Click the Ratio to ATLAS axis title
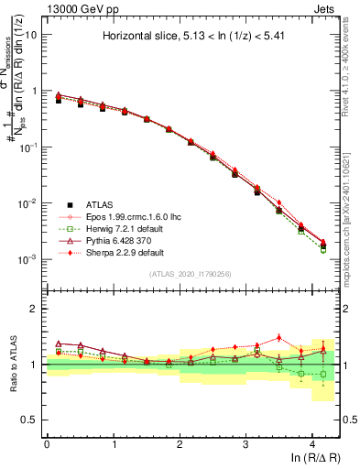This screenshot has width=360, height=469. [13, 365]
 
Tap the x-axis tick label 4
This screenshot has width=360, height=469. [312, 444]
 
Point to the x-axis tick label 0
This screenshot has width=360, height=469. [47, 444]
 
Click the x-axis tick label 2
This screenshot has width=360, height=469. [180, 444]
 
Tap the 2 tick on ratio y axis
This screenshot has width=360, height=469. [35, 309]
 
